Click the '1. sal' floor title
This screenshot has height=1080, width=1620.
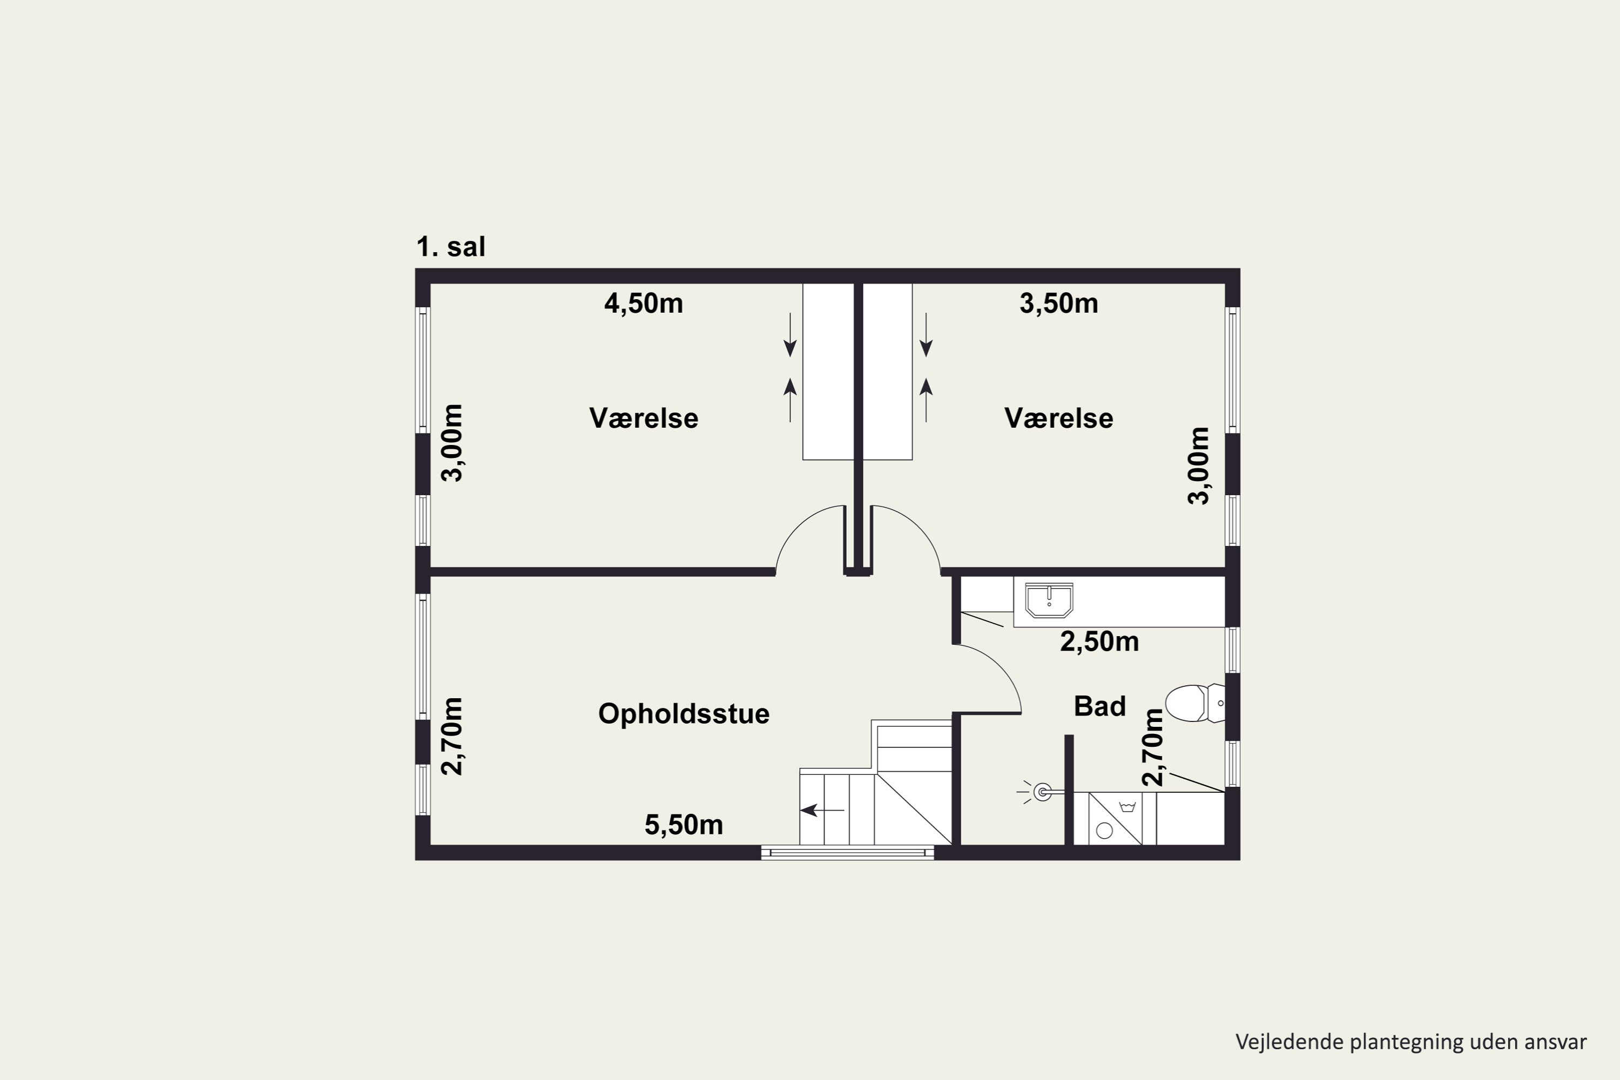click(450, 247)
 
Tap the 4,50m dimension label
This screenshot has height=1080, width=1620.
click(643, 303)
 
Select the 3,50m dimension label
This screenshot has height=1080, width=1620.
click(1058, 303)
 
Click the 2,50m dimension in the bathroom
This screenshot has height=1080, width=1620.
click(1099, 642)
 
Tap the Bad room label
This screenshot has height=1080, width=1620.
click(1100, 706)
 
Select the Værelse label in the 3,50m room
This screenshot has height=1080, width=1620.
click(1058, 418)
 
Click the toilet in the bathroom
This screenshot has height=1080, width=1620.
click(1195, 703)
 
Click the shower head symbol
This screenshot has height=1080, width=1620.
click(1042, 792)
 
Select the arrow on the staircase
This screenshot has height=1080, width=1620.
click(822, 810)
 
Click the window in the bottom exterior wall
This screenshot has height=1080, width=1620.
click(847, 853)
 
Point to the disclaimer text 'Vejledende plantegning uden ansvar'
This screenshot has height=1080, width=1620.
click(1412, 1042)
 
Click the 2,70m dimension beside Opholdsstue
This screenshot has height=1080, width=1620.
click(453, 737)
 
